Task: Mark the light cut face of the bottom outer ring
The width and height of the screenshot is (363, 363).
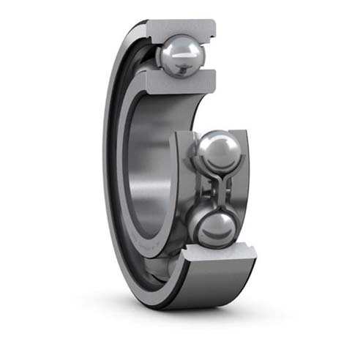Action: coord(220,256)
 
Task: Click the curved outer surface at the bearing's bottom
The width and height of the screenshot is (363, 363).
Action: coord(205,289)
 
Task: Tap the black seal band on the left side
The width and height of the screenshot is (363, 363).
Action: coord(117,168)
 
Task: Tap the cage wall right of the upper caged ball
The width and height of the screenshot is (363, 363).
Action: coord(242,157)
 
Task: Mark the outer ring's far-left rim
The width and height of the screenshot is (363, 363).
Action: coord(108,168)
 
